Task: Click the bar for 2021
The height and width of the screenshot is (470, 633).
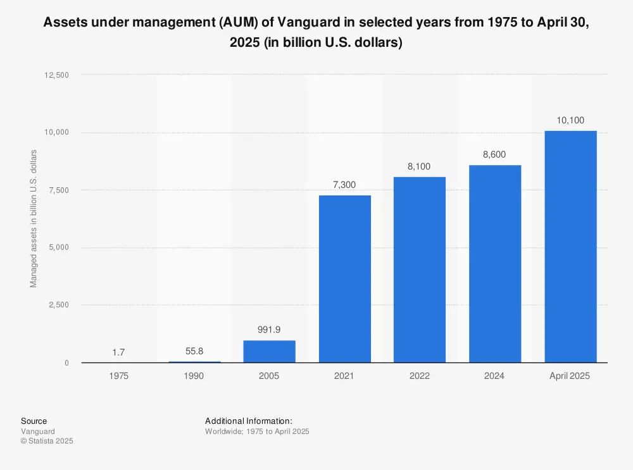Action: pos(344,278)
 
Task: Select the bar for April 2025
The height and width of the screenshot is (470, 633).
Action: pos(570,247)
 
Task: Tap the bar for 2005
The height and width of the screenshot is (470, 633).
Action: pos(269,351)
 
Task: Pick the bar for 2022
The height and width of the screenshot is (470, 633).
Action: pos(420,269)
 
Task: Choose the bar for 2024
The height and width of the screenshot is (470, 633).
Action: pos(495,264)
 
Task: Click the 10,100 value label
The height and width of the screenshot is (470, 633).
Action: pos(570,120)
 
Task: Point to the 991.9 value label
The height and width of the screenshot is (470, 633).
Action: pos(269,330)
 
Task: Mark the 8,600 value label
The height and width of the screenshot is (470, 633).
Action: pos(495,154)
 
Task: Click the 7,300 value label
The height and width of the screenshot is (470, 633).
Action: pos(344,184)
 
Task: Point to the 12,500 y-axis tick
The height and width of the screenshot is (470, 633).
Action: pos(56,75)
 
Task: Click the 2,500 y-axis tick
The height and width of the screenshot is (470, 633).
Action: pos(59,305)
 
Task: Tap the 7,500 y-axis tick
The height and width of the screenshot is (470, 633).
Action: pos(59,190)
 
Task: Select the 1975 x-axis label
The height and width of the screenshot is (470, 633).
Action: pos(118,376)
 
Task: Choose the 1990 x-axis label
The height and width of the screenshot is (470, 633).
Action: pos(194,376)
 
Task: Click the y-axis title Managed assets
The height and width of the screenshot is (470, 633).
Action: pos(34,218)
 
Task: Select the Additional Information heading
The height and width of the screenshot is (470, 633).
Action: pos(249,421)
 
